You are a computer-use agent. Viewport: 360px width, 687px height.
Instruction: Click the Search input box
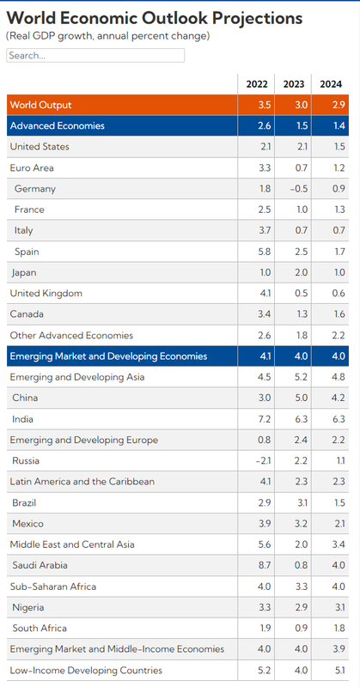pos(95,55)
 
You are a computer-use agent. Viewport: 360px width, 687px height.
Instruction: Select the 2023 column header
pos(293,84)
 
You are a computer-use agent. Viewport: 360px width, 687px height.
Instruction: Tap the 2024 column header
pos(331,84)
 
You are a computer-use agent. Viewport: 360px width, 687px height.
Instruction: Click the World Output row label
pos(40,105)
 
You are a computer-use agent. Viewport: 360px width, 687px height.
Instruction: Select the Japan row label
pos(24,272)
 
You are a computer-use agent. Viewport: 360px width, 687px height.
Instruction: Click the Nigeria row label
pos(28,608)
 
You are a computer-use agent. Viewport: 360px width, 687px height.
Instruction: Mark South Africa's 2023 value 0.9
pos(301,629)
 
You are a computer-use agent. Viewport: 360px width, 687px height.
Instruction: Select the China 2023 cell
pos(301,398)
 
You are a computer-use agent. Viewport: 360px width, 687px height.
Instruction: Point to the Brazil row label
pos(25,503)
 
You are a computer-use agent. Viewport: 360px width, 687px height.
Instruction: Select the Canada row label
pos(27,314)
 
